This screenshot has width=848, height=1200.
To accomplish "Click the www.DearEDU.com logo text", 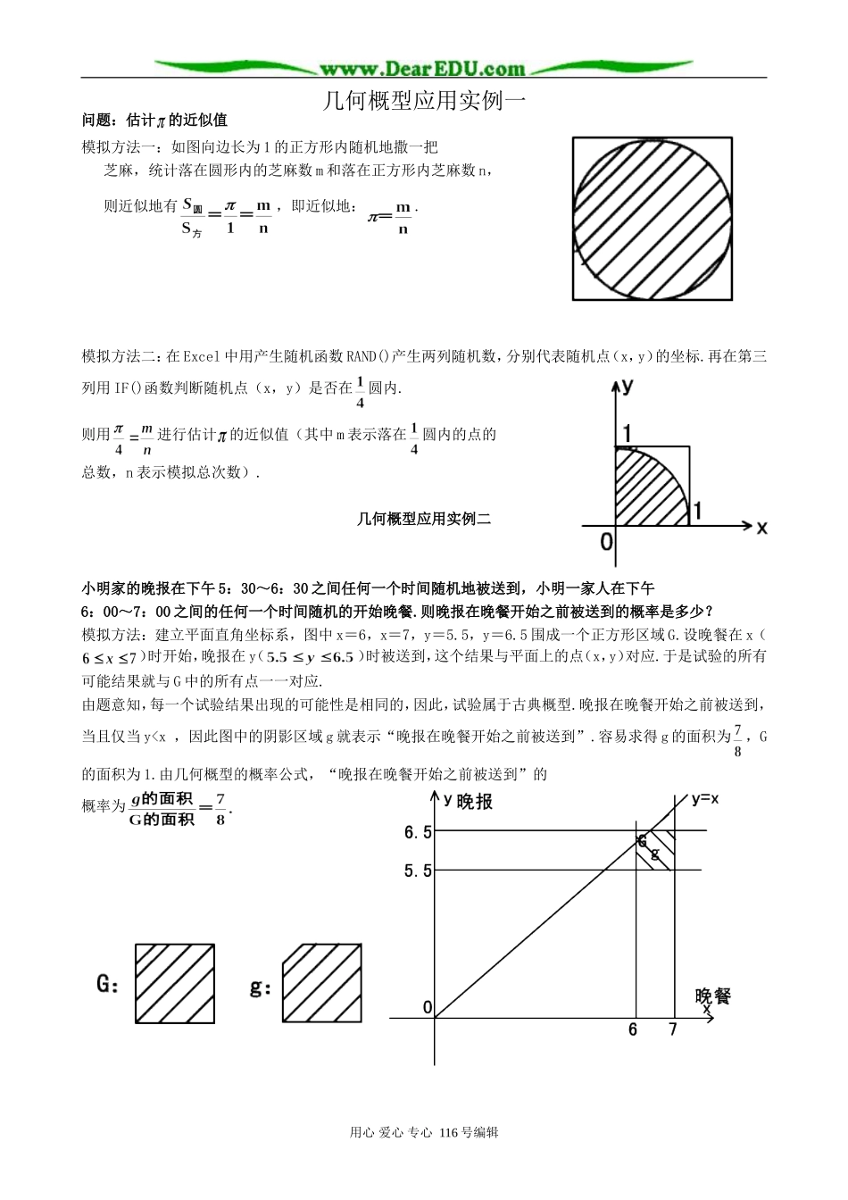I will click(x=422, y=69).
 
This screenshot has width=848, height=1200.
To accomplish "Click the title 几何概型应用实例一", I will click(x=424, y=101).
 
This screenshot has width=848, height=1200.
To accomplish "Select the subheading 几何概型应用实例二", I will click(x=424, y=519).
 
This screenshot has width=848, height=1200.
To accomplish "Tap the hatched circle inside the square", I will click(x=653, y=218).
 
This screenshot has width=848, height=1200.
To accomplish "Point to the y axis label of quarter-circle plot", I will click(x=628, y=386).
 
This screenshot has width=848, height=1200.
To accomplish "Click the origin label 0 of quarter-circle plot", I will click(x=607, y=541).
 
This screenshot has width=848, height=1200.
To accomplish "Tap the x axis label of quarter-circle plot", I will click(x=761, y=528).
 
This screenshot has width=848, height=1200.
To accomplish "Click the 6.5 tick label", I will click(x=418, y=833).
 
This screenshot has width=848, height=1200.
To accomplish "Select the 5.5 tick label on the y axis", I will click(x=418, y=871).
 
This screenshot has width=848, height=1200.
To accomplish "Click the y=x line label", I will click(x=704, y=799).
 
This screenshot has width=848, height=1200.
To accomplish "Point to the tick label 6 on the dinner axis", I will click(x=633, y=1029).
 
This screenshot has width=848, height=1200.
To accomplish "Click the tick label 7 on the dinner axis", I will click(x=673, y=1029).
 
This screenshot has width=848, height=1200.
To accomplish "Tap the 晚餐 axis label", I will click(x=712, y=996).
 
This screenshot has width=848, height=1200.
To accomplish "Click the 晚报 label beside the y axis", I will click(x=474, y=802).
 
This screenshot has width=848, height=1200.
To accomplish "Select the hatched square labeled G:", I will click(x=175, y=983).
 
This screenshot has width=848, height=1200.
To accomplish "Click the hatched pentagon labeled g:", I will click(x=322, y=983).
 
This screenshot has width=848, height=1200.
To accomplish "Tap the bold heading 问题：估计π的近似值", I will click(x=154, y=120).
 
